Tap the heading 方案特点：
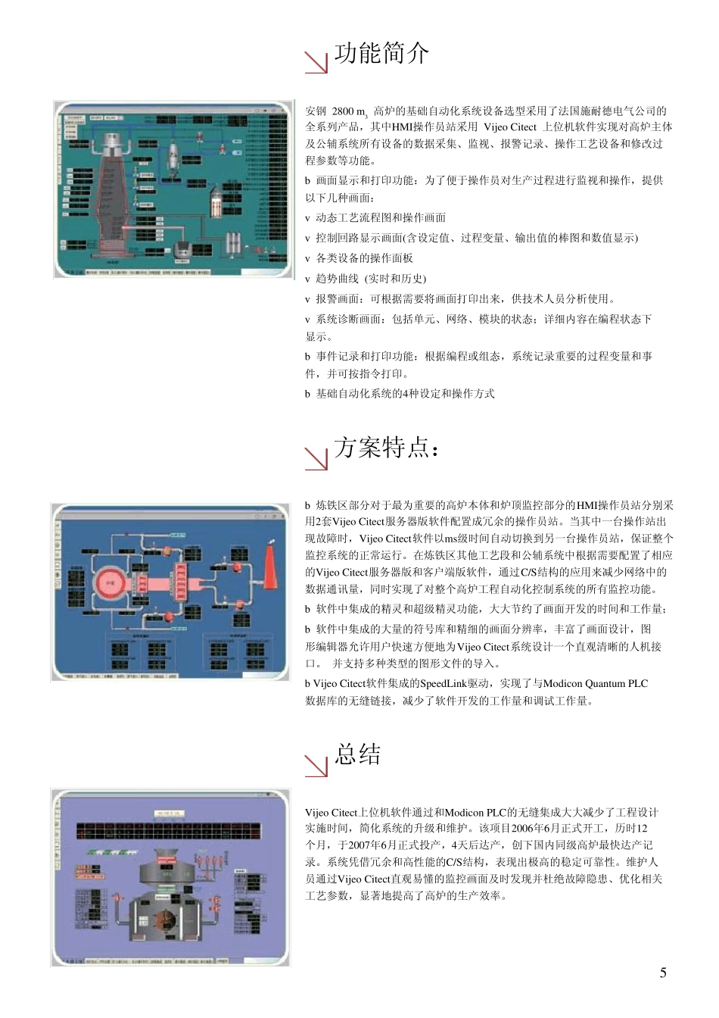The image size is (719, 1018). click(x=386, y=448)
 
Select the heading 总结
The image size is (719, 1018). click(x=358, y=755)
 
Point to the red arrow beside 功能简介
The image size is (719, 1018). click(x=316, y=63)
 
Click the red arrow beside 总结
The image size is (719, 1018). click(x=316, y=766)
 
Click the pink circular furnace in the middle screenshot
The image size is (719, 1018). click(x=111, y=584)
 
